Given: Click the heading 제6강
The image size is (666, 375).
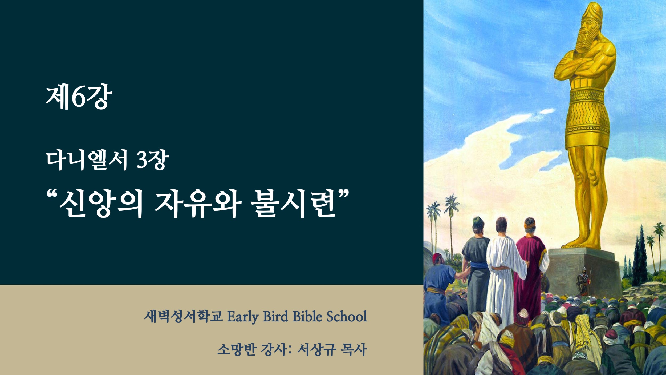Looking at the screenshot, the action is tap(79, 98).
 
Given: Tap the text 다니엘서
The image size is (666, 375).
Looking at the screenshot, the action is tap(87, 160).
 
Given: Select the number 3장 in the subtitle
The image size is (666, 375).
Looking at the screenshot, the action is tap(152, 160).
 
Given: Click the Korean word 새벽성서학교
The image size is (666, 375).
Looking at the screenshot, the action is tap(183, 317).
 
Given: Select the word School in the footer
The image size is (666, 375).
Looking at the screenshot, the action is tap(347, 317).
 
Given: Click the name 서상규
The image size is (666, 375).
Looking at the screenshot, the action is tap(317, 349).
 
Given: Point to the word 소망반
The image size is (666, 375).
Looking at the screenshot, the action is tap(237, 349).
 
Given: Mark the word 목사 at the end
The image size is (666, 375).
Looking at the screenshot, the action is tap(354, 349).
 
